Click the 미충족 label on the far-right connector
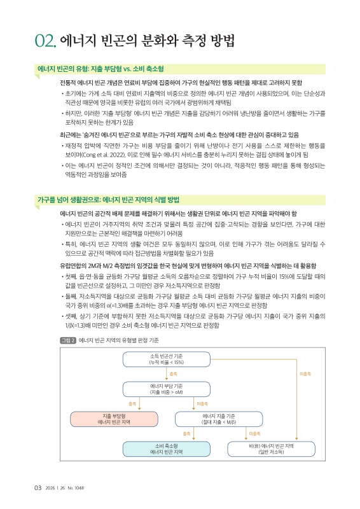[304, 374]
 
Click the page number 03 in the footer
[38, 488]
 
